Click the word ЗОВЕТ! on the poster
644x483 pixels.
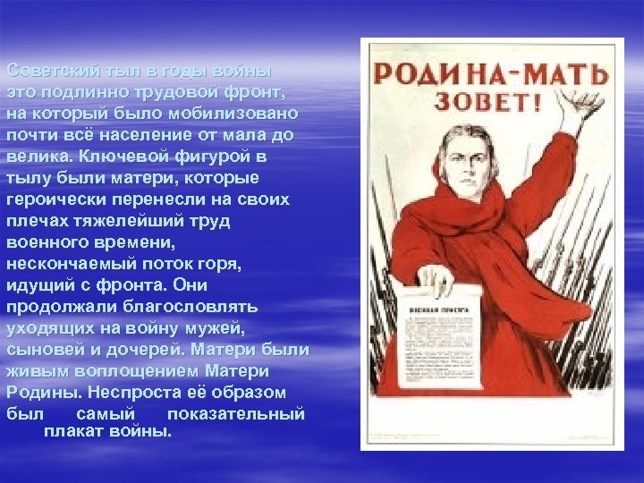coord(487,99)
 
